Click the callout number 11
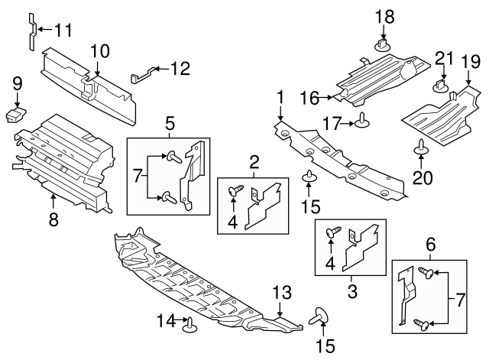(x=63, y=30)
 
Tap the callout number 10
(x=100, y=51)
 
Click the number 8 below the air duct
(x=53, y=219)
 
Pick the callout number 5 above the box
(x=170, y=124)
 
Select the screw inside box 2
(x=236, y=190)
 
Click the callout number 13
(x=282, y=293)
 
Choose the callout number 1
(x=280, y=97)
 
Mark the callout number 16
(x=309, y=98)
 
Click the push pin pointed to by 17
(x=361, y=121)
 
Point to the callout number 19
(x=471, y=61)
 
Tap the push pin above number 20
(x=421, y=148)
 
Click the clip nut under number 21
(x=441, y=86)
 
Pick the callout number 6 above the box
(x=430, y=245)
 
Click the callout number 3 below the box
(x=352, y=291)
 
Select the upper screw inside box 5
(x=174, y=157)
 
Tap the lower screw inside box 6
(x=422, y=324)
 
